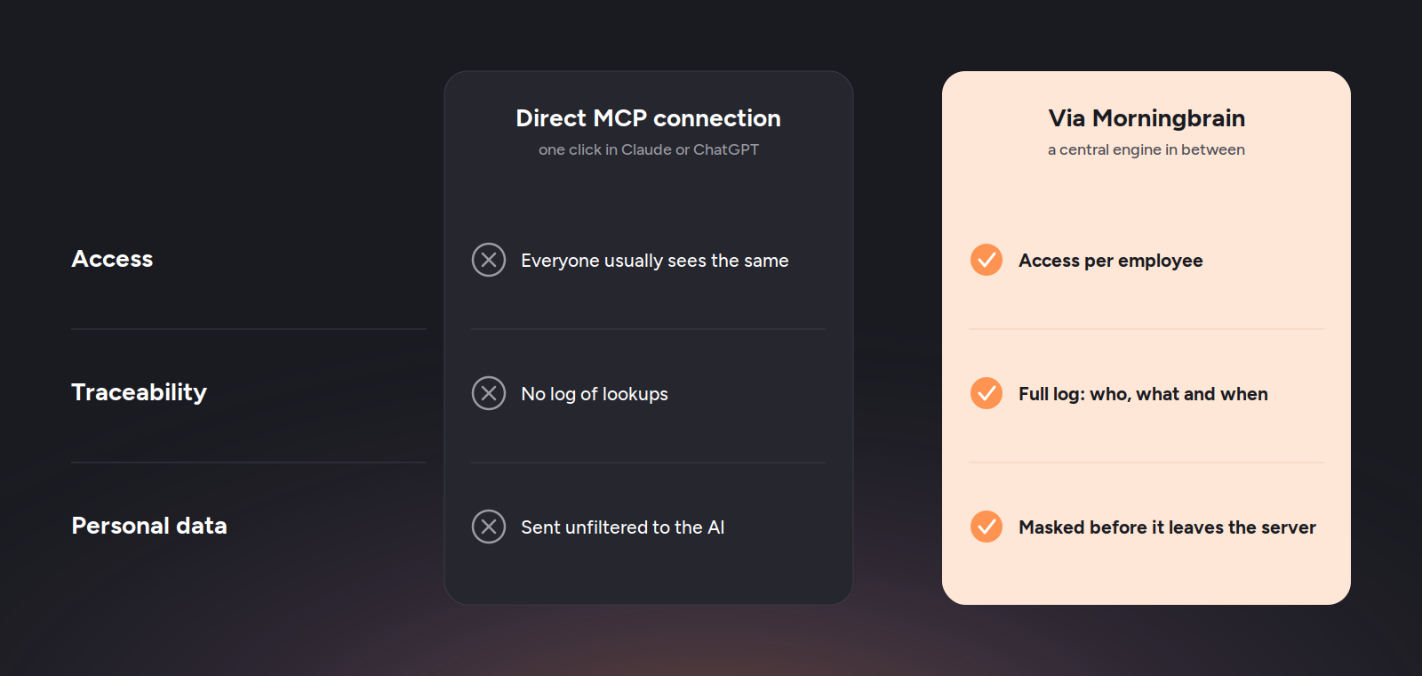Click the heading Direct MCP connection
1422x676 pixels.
(648, 118)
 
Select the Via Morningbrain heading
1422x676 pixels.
(1146, 118)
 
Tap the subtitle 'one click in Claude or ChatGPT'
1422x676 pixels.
(648, 149)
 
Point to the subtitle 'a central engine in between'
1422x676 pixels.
(1146, 149)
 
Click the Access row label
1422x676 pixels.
(112, 259)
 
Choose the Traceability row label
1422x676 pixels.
(139, 392)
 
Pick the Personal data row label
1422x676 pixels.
(149, 526)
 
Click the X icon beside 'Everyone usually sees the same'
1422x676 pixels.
(489, 260)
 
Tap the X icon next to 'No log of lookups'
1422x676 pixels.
(489, 393)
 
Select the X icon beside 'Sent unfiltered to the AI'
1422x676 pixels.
(489, 527)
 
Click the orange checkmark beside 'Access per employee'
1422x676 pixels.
(987, 260)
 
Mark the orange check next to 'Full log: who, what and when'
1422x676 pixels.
(987, 393)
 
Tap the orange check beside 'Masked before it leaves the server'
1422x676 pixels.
(987, 527)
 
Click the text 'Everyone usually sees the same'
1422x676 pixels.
(654, 261)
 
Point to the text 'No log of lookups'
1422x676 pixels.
(595, 394)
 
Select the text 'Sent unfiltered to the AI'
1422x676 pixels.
(623, 527)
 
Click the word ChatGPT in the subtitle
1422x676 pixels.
(726, 149)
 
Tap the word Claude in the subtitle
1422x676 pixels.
(646, 149)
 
